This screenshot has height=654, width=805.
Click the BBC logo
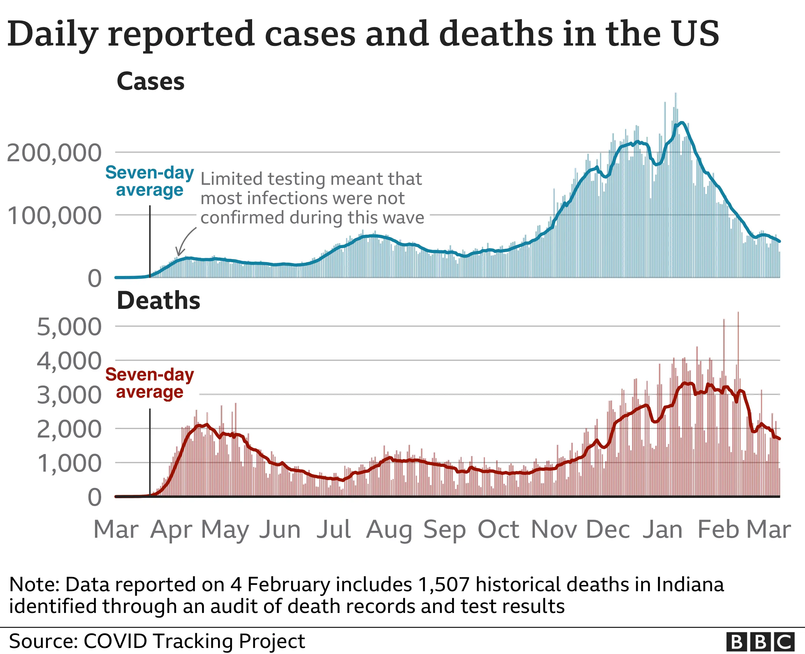[x=760, y=641]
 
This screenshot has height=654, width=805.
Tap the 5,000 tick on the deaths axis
[x=69, y=327]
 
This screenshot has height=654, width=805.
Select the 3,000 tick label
[x=69, y=395]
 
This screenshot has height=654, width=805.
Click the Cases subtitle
[x=150, y=82]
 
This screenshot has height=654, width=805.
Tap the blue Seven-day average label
[x=149, y=181]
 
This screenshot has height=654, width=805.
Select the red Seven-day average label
[x=149, y=383]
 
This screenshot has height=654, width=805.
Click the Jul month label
[x=333, y=529]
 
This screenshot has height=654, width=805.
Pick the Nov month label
[x=553, y=529]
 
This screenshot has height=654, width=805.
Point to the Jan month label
[x=662, y=529]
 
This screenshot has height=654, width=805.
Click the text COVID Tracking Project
[x=194, y=641]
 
